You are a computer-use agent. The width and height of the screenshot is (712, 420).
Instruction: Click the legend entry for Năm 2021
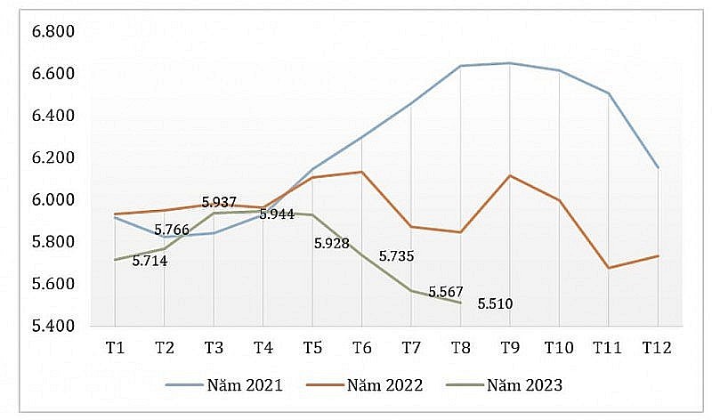tap(224, 385)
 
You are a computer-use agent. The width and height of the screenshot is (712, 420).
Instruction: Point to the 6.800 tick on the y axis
tap(53, 32)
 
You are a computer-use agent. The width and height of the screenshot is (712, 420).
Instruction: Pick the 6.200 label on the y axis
tap(53, 158)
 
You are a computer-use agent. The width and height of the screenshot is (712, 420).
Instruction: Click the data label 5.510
tap(495, 304)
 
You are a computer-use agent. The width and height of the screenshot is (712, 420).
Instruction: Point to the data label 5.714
tap(150, 261)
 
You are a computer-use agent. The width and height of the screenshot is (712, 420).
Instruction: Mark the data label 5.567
tap(446, 292)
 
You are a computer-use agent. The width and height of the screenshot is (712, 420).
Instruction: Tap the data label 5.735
tap(397, 256)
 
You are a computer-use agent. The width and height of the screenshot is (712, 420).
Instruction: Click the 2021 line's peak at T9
tap(509, 63)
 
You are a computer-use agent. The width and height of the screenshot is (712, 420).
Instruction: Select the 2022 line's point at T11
tap(608, 268)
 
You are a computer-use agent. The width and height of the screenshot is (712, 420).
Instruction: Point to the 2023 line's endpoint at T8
tap(460, 303)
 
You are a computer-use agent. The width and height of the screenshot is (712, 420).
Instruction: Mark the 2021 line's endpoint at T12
tap(657, 167)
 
